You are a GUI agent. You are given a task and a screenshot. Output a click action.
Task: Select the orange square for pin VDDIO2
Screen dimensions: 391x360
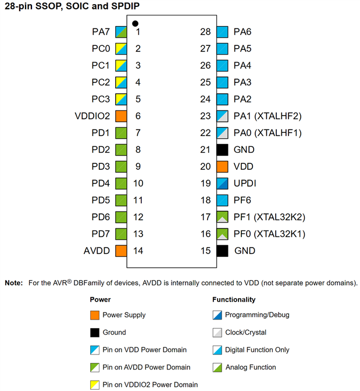point(121,116)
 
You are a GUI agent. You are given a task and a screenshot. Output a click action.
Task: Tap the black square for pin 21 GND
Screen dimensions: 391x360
point(222,150)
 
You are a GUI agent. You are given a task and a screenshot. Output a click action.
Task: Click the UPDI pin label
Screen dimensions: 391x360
point(245,184)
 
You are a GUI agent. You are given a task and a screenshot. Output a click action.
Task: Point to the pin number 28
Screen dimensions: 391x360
point(205,31)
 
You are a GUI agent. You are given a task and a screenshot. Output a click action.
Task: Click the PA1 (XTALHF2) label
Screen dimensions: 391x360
point(268,116)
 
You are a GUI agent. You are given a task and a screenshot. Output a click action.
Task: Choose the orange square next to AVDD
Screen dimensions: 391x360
point(121,251)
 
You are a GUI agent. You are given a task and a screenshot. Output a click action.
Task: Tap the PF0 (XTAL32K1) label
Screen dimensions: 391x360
point(269,234)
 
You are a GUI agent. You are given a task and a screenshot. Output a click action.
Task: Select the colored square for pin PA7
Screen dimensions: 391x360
point(121,31)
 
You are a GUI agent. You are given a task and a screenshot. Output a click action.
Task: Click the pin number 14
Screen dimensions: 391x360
point(138,251)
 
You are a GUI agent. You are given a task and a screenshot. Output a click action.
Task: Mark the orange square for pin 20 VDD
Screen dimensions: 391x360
point(222,167)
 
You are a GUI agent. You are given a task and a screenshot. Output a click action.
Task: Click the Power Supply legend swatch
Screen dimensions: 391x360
point(94,315)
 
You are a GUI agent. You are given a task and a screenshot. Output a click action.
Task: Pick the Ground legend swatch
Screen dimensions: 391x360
point(94,332)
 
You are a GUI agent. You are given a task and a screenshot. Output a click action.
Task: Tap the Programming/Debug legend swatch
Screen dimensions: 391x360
point(217,315)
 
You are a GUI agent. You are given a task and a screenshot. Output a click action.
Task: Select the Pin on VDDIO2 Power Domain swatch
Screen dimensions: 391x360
point(94,385)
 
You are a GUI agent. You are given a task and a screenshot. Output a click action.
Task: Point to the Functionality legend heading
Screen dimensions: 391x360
point(234,300)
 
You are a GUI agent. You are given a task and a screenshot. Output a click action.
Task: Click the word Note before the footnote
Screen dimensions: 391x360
point(13,283)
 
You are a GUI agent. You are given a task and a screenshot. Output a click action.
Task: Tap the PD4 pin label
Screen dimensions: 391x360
point(101,184)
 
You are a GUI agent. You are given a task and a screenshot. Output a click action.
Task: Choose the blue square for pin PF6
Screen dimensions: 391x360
point(222,200)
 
